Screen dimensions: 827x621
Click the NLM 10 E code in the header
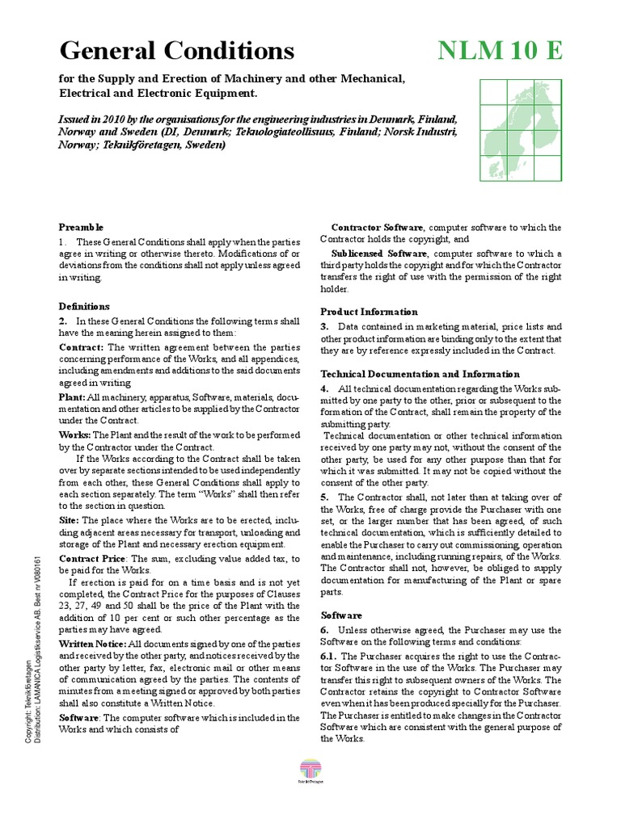tap(500, 51)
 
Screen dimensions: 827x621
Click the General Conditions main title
tap(177, 51)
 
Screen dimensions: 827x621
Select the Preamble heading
tap(81, 228)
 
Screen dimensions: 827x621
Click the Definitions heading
tap(84, 307)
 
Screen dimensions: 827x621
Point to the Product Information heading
tap(369, 312)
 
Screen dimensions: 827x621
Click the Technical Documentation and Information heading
tap(420, 375)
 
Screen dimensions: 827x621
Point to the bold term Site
tap(69, 520)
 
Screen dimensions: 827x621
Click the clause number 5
tap(323, 497)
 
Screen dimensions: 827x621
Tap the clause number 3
tap(323, 325)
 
